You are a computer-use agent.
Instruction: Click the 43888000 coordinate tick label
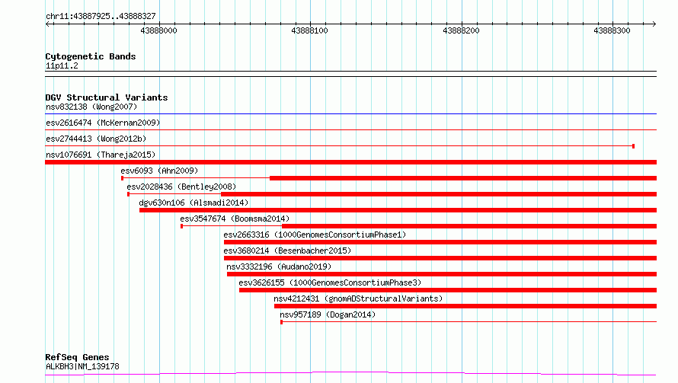tap(158, 30)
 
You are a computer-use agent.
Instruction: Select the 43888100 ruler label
tap(309, 30)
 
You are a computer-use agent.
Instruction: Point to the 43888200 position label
tap(461, 30)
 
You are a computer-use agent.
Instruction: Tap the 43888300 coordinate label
tap(612, 30)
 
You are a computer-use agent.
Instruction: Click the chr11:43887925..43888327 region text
tap(101, 17)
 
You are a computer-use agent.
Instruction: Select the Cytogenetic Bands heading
tap(91, 56)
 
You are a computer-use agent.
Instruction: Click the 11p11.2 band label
tap(62, 65)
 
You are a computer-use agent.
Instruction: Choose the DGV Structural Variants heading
tap(107, 97)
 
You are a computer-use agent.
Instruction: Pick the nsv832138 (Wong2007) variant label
tap(91, 107)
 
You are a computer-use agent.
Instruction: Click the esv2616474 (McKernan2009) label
tap(103, 123)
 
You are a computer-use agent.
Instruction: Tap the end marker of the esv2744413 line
tap(634, 146)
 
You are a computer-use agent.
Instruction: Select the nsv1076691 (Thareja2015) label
tap(101, 155)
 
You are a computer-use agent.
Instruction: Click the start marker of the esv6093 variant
tap(123, 178)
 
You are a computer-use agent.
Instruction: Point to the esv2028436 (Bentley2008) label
tap(181, 187)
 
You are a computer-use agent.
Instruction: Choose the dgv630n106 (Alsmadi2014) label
tap(193, 203)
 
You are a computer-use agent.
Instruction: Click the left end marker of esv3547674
tap(181, 226)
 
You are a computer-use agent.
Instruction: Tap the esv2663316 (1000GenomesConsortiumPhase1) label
tap(315, 235)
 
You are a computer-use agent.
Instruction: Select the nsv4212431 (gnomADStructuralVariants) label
tap(358, 298)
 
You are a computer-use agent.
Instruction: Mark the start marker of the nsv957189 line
tap(282, 322)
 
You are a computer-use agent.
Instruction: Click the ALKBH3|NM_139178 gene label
tap(82, 366)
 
